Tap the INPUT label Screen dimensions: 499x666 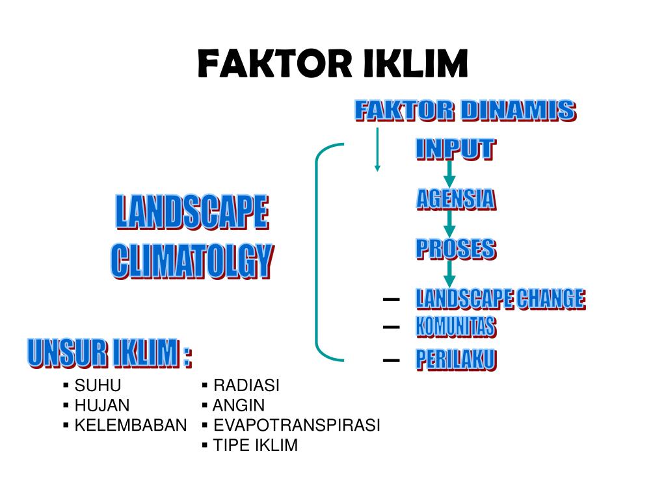pos(455,149)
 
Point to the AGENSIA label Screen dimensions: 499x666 pos(455,199)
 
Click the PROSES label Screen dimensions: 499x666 pos(455,249)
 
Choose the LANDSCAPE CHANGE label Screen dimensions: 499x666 pos(500,299)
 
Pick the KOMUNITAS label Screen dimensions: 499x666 pos(455,327)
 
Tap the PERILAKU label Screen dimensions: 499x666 pos(455,359)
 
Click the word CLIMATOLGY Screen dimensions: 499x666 pos(192,261)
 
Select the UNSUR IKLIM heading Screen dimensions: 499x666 pos(109,353)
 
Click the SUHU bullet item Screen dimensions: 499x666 pos(98,385)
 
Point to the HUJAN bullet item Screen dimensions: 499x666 pos(102,405)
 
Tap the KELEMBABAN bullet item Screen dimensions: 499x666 pos(130,426)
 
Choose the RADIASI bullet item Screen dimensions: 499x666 pos(246,385)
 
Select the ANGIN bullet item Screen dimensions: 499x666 pos(239,405)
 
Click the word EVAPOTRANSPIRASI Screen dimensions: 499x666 pos(297,426)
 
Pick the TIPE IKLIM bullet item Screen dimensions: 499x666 pos(256,445)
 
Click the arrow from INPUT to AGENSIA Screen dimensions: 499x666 pos(449,174)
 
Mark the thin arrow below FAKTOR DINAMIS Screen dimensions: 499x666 pos(377,149)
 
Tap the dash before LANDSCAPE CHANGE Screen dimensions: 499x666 pos(392,300)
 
